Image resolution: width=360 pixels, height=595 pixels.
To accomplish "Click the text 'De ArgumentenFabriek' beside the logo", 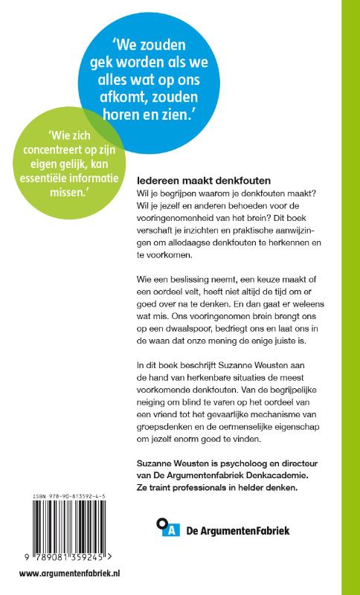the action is (231, 530).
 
